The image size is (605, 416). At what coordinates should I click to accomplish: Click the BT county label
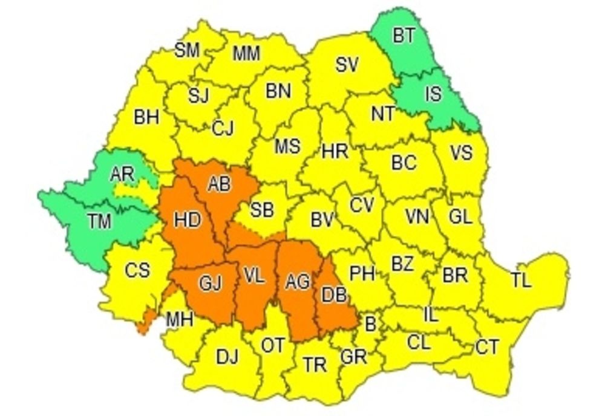[404, 36]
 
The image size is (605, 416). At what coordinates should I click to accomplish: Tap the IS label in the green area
[433, 94]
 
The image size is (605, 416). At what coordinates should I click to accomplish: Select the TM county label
[99, 222]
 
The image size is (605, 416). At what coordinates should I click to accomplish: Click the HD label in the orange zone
[187, 220]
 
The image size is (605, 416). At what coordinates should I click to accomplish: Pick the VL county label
[253, 276]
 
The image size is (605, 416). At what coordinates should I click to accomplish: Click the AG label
[297, 281]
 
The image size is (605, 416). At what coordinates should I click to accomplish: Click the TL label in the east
[520, 281]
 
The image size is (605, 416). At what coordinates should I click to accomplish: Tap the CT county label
[487, 347]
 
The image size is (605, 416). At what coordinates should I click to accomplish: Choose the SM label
[187, 51]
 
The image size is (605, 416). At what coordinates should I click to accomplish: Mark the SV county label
[347, 65]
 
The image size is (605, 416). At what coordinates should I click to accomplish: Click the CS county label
[137, 270]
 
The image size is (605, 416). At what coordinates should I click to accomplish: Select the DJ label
[227, 357]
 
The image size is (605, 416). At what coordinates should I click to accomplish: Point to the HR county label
[335, 151]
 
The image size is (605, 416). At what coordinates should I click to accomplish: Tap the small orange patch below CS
[143, 323]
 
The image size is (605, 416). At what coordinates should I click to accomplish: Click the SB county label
[261, 210]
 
